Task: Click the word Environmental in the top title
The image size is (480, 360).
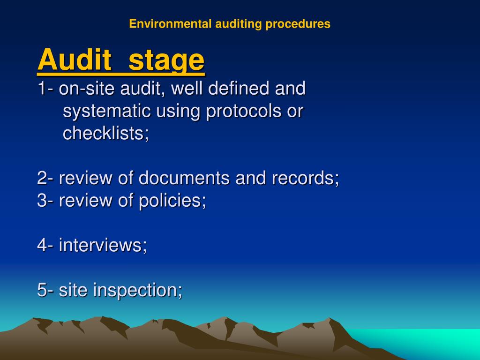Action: coord(171,24)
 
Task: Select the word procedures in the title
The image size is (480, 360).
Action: coord(298,24)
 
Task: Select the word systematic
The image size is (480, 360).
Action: coord(106,112)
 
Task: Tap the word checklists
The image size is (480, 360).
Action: coord(105,134)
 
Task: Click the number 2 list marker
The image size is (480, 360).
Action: coord(43,179)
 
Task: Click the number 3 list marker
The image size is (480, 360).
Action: coord(43,201)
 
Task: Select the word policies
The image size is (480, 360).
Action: coord(172,201)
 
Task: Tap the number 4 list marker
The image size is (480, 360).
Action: coord(43,246)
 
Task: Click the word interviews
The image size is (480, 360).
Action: coord(102,246)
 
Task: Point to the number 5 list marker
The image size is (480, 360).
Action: coord(43,290)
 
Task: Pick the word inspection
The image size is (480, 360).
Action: coord(137,291)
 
